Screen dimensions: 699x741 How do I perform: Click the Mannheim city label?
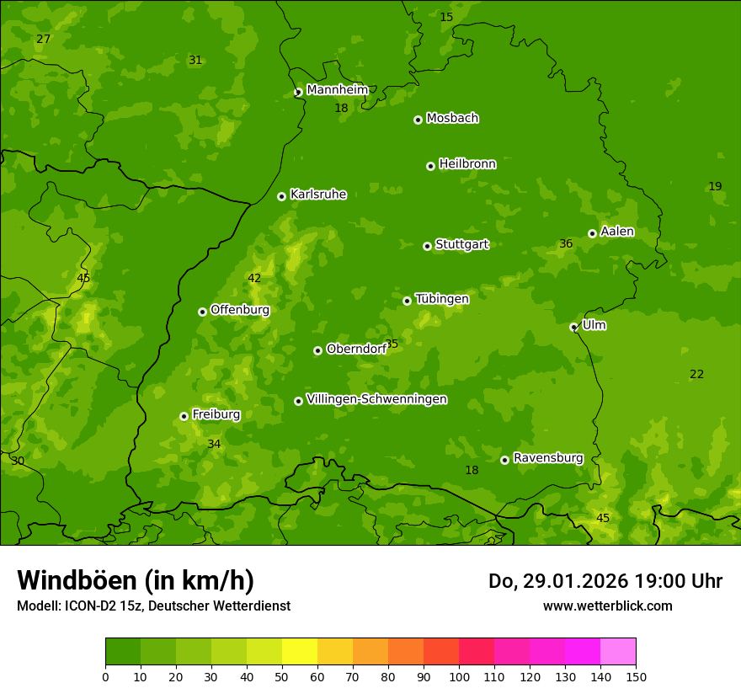tap(337, 89)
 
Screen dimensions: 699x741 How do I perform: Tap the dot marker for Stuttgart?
tap(427, 246)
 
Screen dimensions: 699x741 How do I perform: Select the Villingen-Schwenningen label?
tap(376, 399)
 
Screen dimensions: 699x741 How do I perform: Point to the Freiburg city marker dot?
tap(184, 416)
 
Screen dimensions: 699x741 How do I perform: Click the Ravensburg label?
tap(548, 458)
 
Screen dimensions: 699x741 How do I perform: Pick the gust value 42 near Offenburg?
tap(254, 279)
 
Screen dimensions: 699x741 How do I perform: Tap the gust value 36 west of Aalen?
tap(566, 244)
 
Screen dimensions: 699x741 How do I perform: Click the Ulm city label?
tap(594, 325)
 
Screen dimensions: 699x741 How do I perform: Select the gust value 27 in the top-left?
tap(44, 40)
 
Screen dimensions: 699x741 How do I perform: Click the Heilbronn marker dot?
tap(430, 166)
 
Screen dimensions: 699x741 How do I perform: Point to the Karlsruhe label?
tap(318, 195)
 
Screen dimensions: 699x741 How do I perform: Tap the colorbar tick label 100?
tap(459, 676)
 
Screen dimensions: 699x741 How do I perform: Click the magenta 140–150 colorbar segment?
tap(618, 652)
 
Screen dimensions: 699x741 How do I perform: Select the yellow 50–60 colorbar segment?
tap(300, 652)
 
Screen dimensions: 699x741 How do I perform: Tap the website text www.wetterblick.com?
tap(607, 606)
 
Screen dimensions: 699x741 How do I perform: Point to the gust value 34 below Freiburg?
tap(214, 444)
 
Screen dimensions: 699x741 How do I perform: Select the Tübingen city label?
tap(442, 299)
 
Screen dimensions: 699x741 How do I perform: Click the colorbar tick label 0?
tap(105, 676)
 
